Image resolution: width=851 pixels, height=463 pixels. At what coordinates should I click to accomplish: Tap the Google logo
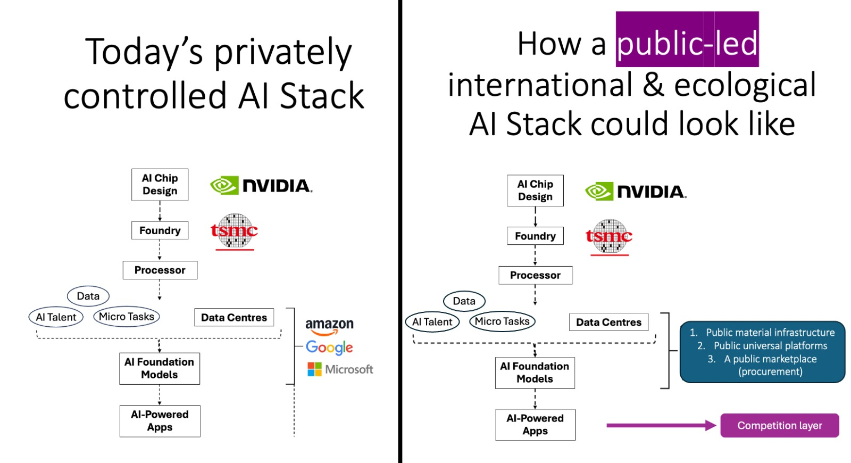pyautogui.click(x=329, y=348)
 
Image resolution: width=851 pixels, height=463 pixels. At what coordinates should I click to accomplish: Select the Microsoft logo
pyautogui.click(x=340, y=369)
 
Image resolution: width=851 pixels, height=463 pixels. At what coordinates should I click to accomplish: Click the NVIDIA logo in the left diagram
pyautogui.click(x=261, y=186)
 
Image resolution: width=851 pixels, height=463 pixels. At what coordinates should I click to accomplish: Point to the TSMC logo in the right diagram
pyautogui.click(x=609, y=237)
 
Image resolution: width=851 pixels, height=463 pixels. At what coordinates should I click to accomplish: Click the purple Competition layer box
pyautogui.click(x=780, y=425)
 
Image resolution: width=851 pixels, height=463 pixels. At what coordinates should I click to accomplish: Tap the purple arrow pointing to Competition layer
pyautogui.click(x=661, y=425)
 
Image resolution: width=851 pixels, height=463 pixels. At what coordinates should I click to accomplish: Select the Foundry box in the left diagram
pyautogui.click(x=160, y=230)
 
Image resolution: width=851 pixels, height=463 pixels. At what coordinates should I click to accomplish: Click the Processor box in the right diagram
pyautogui.click(x=535, y=275)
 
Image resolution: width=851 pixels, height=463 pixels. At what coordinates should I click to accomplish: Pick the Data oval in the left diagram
pyautogui.click(x=88, y=296)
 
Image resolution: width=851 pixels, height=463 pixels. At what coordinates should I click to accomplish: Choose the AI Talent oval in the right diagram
pyautogui.click(x=432, y=322)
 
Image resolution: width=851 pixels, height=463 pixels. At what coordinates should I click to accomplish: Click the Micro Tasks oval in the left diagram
pyautogui.click(x=127, y=317)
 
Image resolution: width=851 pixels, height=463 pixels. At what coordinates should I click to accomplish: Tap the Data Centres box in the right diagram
pyautogui.click(x=608, y=322)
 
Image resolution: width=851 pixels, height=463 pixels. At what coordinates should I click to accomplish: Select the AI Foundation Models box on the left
pyautogui.click(x=160, y=368)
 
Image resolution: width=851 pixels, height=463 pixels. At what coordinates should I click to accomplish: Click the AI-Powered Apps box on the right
pyautogui.click(x=535, y=425)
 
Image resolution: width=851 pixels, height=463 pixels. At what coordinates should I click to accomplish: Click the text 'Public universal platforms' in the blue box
pyautogui.click(x=771, y=345)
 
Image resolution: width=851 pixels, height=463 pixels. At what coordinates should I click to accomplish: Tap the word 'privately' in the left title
pyautogui.click(x=283, y=53)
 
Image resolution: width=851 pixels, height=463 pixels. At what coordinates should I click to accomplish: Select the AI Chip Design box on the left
pyautogui.click(x=160, y=184)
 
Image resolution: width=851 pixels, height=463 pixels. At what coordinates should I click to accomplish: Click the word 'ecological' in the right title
pyautogui.click(x=745, y=85)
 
